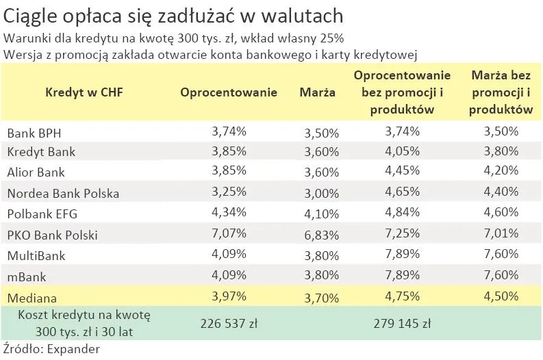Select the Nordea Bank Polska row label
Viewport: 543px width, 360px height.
click(63, 193)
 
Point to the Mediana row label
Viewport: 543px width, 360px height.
click(32, 298)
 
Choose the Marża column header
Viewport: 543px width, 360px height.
click(318, 92)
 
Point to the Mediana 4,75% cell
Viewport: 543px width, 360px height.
click(402, 297)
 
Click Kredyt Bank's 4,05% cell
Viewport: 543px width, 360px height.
click(402, 151)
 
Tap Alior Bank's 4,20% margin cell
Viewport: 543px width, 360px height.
click(501, 172)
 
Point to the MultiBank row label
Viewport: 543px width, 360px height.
click(36, 255)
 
